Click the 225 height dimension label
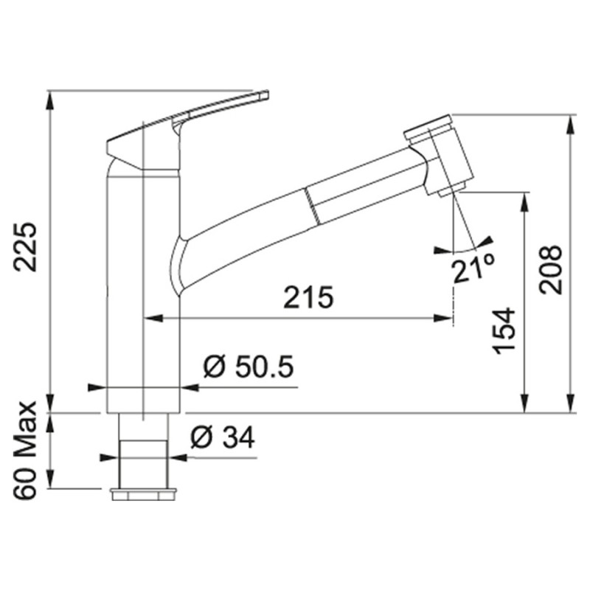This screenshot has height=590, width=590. click(25, 247)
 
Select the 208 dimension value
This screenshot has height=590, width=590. click(550, 269)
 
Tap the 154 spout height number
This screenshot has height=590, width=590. click(504, 331)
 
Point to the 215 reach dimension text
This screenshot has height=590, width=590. click(308, 297)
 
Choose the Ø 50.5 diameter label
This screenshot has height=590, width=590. click(249, 366)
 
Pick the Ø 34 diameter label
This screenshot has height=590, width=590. click(223, 437)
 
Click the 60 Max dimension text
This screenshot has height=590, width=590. click(25, 451)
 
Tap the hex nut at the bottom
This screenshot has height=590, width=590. click(143, 494)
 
